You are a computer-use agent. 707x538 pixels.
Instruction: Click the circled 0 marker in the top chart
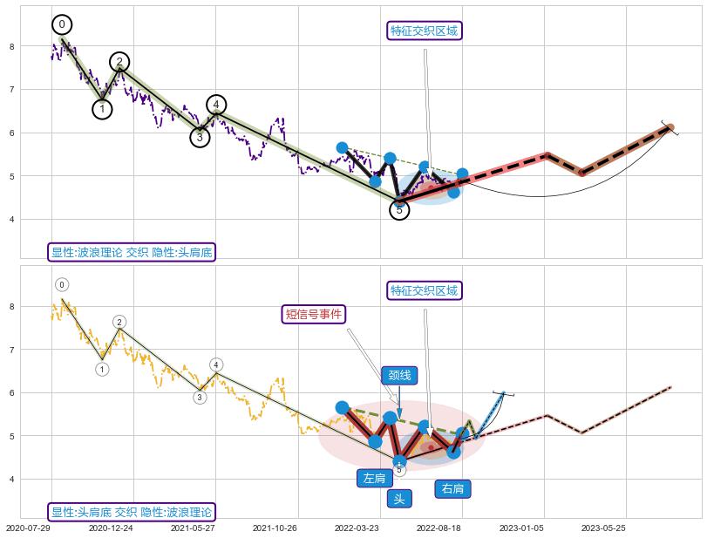tap(62, 24)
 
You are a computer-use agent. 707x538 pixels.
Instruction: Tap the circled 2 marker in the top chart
tap(119, 61)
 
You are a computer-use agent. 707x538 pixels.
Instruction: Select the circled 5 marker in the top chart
tap(399, 210)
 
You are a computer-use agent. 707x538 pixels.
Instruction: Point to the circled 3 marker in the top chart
tap(200, 137)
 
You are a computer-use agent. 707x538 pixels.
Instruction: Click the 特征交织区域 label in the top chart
tap(425, 31)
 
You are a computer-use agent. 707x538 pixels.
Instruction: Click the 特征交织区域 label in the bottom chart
tap(425, 290)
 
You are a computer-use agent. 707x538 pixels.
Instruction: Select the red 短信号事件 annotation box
tap(315, 314)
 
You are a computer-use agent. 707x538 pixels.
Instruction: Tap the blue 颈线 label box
tap(399, 376)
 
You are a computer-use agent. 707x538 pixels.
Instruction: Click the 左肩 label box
tap(375, 478)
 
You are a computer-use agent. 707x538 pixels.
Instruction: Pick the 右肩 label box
tap(453, 489)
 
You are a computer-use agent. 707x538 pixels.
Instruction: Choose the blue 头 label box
tap(398, 499)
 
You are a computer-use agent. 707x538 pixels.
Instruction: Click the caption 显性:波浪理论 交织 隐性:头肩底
tap(132, 252)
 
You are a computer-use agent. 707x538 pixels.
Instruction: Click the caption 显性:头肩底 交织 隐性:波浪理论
tap(132, 512)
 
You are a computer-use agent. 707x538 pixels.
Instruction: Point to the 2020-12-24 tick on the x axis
tap(111, 528)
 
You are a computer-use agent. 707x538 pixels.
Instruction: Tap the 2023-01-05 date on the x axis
tap(521, 528)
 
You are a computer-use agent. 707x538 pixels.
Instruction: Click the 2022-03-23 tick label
tap(357, 528)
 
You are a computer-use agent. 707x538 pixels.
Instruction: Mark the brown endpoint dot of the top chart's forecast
tap(670, 128)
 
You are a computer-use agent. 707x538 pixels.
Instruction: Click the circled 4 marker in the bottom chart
tap(216, 364)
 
